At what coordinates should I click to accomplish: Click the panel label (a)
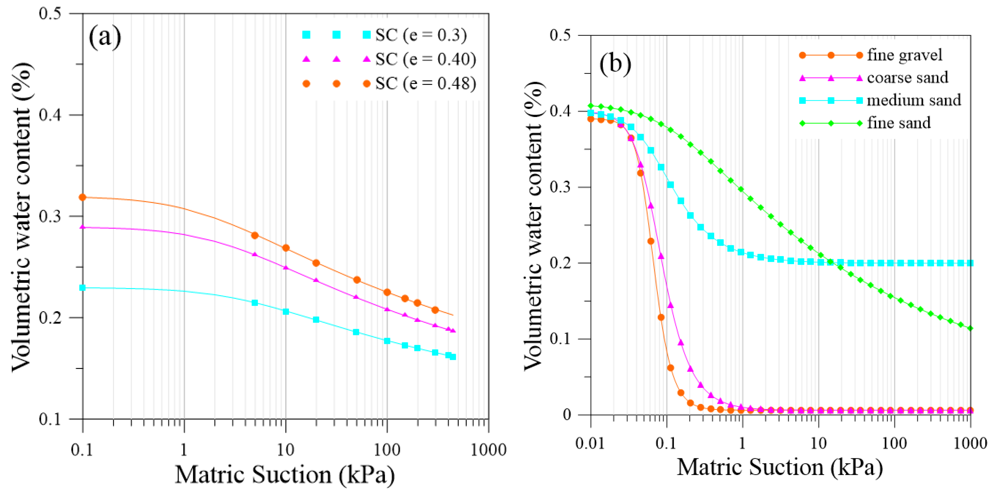point(105,37)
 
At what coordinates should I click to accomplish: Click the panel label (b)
point(615,63)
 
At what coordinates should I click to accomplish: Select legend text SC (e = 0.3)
point(421,35)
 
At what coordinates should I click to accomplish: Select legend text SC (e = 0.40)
point(426,59)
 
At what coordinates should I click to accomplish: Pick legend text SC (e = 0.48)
point(426,84)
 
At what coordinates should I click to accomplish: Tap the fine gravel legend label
point(904,55)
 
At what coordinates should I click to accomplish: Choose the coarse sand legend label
point(907,78)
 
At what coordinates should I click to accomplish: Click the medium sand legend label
point(914,100)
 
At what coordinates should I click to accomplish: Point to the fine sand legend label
point(898,123)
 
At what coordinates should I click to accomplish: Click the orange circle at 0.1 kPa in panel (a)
point(82,197)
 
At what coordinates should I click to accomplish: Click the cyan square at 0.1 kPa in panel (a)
point(82,288)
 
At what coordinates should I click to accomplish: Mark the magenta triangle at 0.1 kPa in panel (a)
point(82,227)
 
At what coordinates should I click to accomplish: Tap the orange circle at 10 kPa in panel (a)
point(286,248)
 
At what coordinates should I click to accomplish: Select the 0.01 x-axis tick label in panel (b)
point(590,443)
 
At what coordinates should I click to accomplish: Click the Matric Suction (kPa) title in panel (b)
point(779,468)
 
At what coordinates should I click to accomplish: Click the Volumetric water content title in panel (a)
point(21,217)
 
